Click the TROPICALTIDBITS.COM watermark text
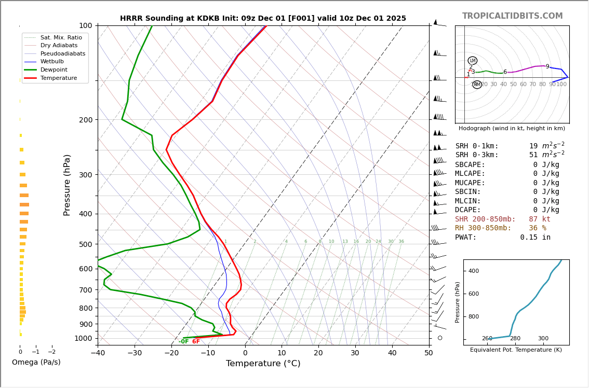[512, 16]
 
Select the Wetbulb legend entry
[51, 61]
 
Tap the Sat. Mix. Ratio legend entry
[61, 37]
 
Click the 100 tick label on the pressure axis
[85, 25]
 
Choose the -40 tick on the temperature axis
[98, 353]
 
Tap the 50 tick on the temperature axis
[429, 353]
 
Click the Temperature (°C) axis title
[263, 364]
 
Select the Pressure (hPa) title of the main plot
[67, 185]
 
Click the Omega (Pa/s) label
[36, 362]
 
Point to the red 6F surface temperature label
[196, 341]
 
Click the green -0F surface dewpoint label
[183, 341]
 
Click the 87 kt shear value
[540, 219]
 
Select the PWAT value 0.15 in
[535, 238]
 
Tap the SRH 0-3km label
[476, 155]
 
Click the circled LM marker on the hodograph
[472, 61]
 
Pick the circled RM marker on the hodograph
[477, 85]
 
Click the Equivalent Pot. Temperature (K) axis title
[516, 350]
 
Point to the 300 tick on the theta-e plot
[543, 339]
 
